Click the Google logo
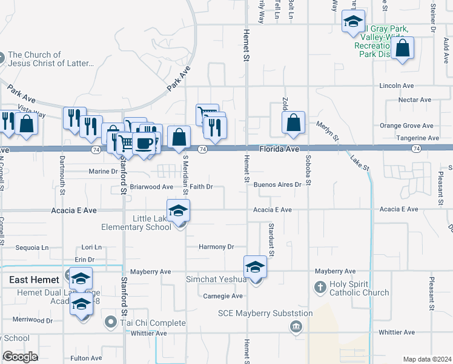point(20,357)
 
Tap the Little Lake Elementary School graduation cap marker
point(179,211)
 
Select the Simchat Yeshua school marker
point(255,267)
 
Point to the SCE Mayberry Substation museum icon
point(296,327)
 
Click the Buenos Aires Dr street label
point(277,184)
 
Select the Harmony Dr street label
point(216,247)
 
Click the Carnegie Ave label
point(223,296)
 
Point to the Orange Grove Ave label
point(406,126)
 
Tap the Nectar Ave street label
point(414,99)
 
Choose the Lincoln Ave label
point(396,86)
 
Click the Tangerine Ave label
point(417,138)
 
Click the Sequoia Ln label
point(31,248)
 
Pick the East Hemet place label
point(34,280)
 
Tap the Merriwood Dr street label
point(33,320)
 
